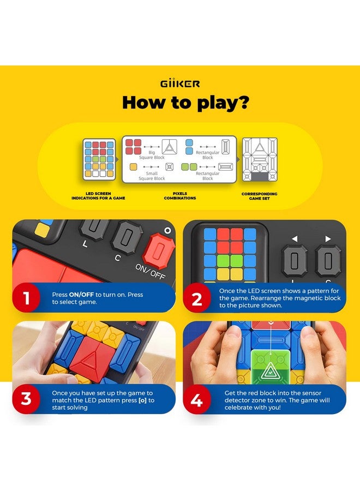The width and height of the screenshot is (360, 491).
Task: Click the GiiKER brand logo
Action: click(180, 83)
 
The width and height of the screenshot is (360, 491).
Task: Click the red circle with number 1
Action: click(26, 298)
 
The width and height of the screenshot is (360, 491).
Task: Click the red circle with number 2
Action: click(197, 298)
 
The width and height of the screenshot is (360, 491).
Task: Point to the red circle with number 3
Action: click(26, 399)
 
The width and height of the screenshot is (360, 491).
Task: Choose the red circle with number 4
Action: click(197, 399)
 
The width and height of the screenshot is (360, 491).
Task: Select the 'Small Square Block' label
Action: click(152, 176)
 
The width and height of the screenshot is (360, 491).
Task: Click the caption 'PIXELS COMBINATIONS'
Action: click(180, 196)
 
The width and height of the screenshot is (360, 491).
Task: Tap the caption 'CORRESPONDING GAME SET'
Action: click(260, 196)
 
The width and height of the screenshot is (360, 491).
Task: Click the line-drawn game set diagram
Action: click(260, 159)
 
